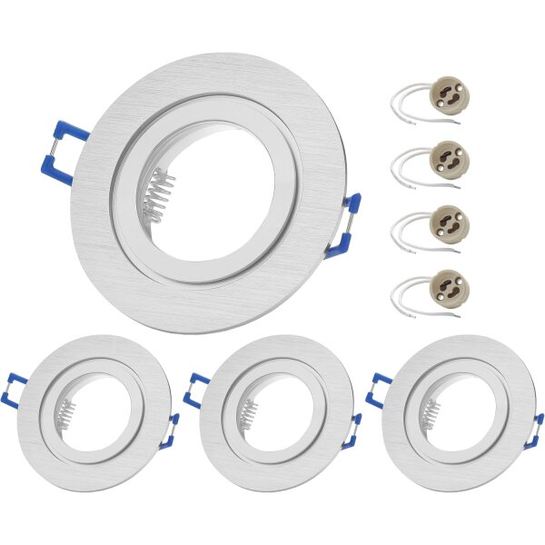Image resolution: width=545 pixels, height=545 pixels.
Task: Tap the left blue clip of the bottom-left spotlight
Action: (13, 389)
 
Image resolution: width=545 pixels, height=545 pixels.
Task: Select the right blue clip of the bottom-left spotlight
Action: (171, 431)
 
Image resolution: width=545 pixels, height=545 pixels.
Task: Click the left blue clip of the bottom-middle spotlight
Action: (193, 389)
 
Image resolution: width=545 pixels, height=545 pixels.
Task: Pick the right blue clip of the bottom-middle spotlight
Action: (352, 431)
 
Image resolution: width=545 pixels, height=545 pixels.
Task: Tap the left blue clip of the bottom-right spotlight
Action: (376, 389)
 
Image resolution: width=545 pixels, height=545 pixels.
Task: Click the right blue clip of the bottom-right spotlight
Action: (535, 431)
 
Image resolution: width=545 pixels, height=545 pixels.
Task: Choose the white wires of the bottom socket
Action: (404, 296)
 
